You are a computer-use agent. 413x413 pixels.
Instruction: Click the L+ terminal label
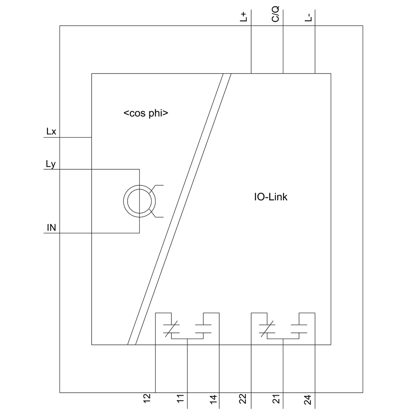(244, 17)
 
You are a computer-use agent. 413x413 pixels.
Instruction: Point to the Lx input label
(51, 132)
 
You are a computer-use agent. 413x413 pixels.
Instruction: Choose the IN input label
(51, 228)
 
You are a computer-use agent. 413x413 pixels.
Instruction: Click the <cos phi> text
(146, 114)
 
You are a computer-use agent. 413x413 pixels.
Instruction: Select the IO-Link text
(271, 197)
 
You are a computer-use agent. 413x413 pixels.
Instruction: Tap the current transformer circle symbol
(139, 201)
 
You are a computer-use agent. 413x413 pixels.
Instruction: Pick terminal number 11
(180, 399)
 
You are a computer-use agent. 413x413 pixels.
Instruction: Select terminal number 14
(213, 399)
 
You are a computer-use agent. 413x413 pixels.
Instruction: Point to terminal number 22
(243, 399)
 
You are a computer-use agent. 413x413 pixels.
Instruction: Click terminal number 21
(276, 399)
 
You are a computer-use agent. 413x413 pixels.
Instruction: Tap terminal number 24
(309, 399)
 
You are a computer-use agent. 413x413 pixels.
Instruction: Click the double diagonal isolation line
(180, 209)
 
